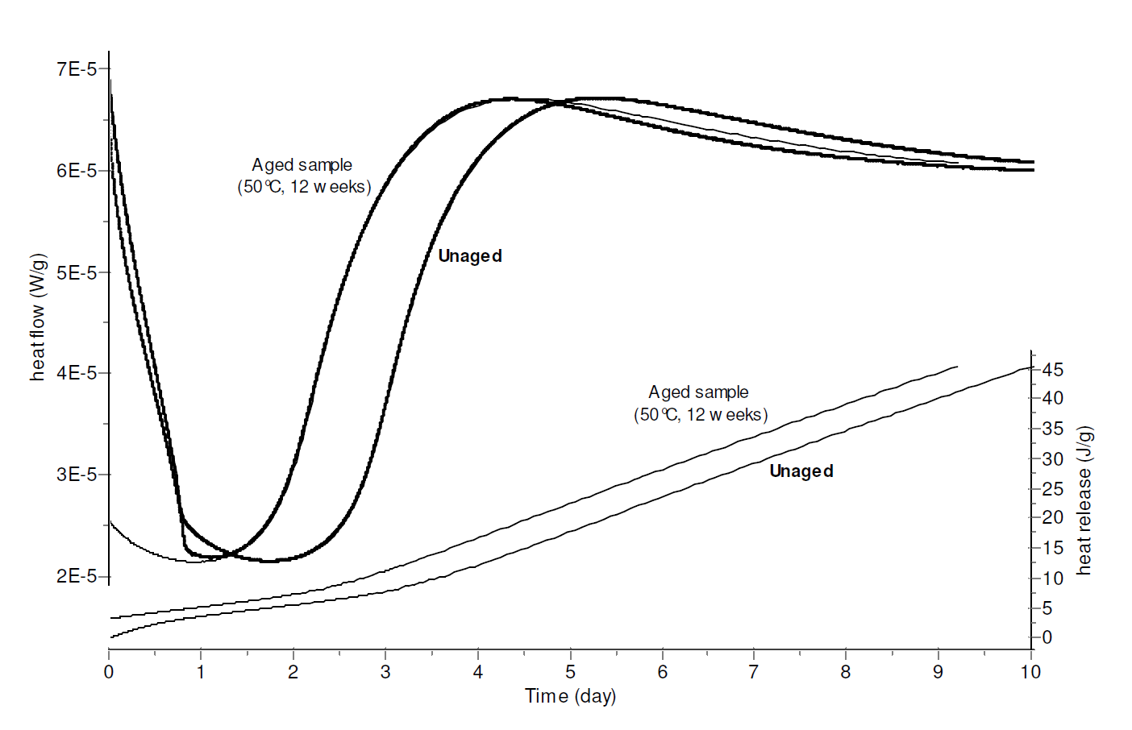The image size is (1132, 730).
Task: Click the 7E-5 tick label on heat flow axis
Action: click(x=77, y=69)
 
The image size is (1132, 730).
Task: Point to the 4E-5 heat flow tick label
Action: click(x=77, y=373)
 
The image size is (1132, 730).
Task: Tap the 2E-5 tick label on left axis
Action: click(x=77, y=576)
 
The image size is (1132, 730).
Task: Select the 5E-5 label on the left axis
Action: click(x=77, y=272)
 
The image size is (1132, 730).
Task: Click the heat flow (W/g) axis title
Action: click(x=38, y=317)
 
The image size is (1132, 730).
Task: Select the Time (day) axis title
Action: click(x=570, y=696)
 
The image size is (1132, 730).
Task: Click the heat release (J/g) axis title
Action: click(x=1084, y=500)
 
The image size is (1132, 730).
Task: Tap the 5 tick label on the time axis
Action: click(x=570, y=672)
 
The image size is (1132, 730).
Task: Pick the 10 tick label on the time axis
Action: click(x=1030, y=672)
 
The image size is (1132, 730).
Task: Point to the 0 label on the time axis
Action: click(x=109, y=672)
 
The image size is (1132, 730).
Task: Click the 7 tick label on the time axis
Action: click(x=754, y=672)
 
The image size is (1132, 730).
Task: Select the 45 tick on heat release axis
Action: click(x=1053, y=370)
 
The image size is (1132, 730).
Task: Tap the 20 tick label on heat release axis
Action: click(x=1053, y=517)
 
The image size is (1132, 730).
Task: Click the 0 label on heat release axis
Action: click(x=1047, y=637)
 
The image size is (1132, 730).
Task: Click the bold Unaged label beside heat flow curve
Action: click(x=470, y=256)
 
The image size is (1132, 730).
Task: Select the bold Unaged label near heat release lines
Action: click(x=801, y=471)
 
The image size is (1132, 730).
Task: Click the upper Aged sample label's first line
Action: click(x=302, y=165)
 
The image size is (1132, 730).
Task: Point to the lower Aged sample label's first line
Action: click(x=699, y=392)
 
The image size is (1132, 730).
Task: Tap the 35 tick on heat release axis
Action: click(x=1053, y=429)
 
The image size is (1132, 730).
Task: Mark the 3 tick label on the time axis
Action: click(x=385, y=672)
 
